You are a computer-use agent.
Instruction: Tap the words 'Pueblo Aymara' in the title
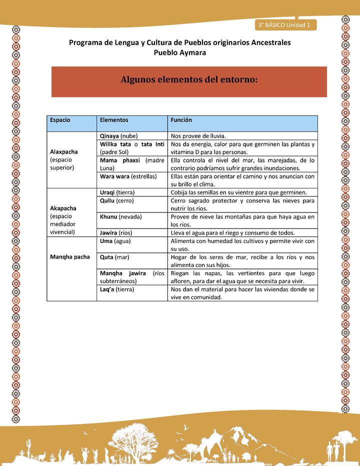coord(179,52)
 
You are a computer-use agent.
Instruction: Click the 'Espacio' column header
coord(60,120)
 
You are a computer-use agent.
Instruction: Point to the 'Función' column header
coord(181,120)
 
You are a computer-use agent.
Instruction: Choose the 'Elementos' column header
coord(114,120)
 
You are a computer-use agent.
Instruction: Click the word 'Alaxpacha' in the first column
coord(63,151)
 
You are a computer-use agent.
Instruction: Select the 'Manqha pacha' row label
coord(69,257)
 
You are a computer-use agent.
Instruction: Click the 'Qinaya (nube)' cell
coord(119,135)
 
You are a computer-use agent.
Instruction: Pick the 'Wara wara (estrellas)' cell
coord(128,176)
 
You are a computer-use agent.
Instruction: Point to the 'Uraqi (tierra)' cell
coord(117,192)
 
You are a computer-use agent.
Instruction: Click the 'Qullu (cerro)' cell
coord(117,200)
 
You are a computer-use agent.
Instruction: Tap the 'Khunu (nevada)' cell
coord(121,216)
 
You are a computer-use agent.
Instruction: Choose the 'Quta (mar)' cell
coord(113,257)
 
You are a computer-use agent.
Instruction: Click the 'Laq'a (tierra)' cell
coord(116,289)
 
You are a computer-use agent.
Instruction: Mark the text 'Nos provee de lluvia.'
coord(198,135)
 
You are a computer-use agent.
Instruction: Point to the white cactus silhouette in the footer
coord(28,446)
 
